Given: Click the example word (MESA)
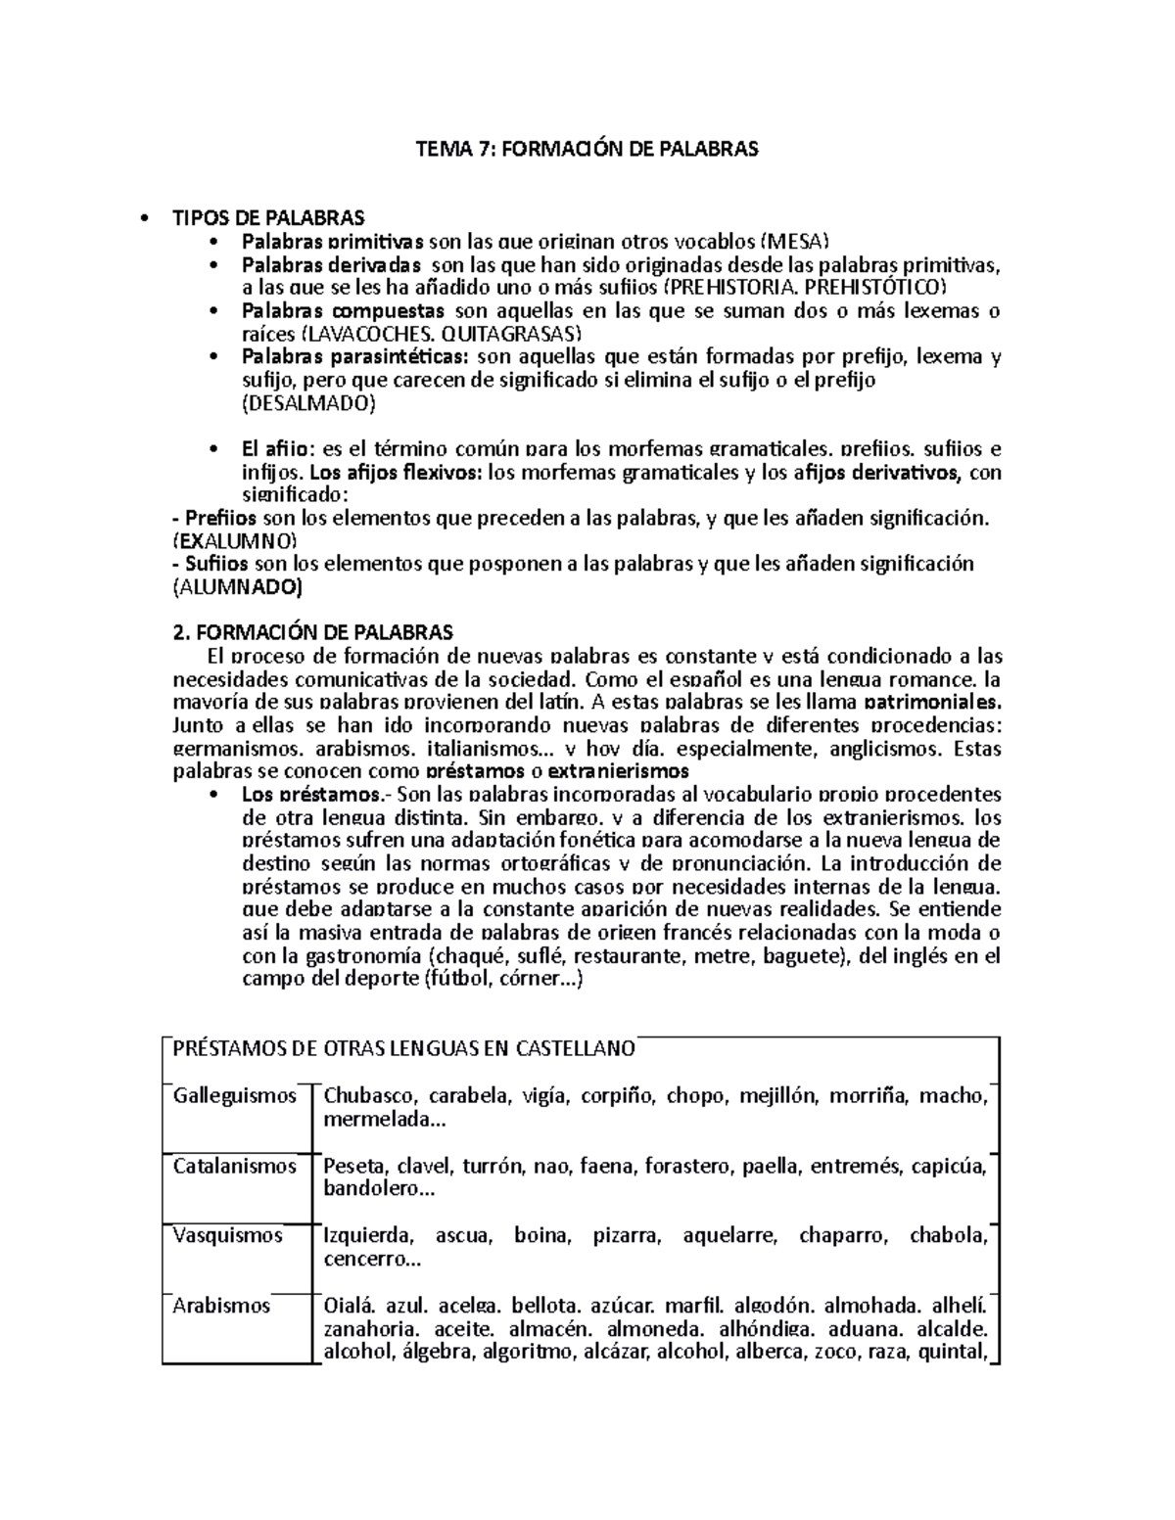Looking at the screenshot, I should (x=795, y=241).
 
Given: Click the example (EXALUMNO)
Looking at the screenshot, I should (x=233, y=540).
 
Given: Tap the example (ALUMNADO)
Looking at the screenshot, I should (x=237, y=587).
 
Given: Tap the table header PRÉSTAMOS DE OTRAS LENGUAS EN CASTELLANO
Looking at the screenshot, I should (x=403, y=1049).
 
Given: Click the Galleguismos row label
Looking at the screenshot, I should (x=235, y=1095).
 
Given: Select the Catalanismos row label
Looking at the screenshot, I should (x=235, y=1166).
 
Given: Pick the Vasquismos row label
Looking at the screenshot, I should (x=228, y=1235).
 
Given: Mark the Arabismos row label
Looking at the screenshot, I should (x=221, y=1305).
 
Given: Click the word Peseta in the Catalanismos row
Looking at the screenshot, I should (x=352, y=1166).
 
